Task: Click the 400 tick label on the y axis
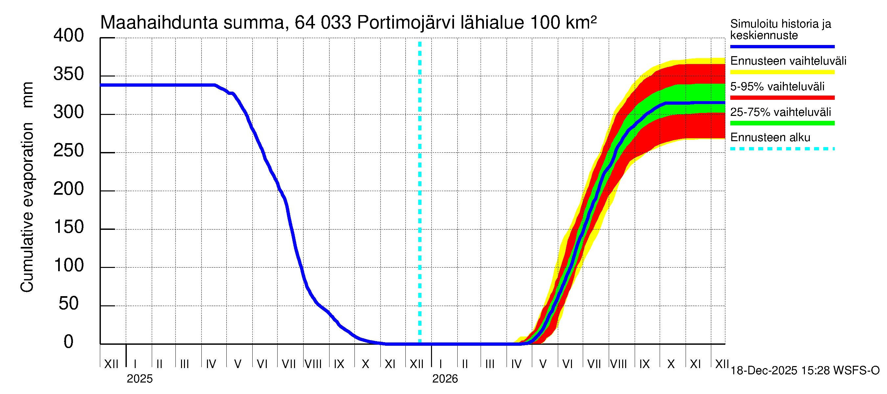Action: click(69, 36)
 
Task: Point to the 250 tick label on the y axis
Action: click(69, 151)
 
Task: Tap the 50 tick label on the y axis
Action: click(69, 303)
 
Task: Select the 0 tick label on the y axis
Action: click(69, 342)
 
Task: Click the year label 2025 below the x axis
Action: click(139, 379)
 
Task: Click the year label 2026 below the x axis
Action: click(445, 379)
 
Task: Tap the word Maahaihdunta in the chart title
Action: click(159, 23)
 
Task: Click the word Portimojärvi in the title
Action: click(406, 23)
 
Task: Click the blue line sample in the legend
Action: click(782, 46)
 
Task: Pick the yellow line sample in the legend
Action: click(782, 72)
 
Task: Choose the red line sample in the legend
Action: click(782, 98)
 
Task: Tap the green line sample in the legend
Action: click(782, 123)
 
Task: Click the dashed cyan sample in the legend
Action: click(782, 149)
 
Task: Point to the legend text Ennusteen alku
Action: click(770, 138)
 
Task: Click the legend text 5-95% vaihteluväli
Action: click(777, 86)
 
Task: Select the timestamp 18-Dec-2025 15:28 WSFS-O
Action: click(805, 371)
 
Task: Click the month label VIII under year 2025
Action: click(313, 364)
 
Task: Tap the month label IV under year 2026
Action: click(516, 364)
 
